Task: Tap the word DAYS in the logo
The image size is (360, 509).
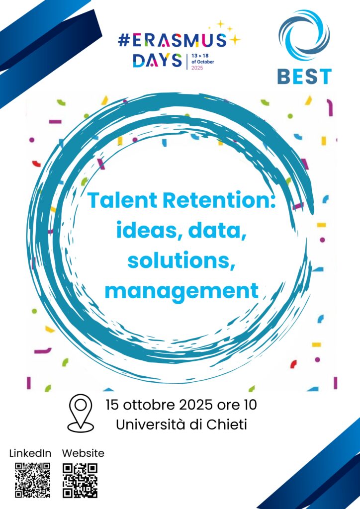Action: (x=158, y=61)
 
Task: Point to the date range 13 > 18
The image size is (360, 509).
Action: (x=200, y=56)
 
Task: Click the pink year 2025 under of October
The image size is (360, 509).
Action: (x=197, y=68)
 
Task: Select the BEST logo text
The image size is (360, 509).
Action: (x=304, y=77)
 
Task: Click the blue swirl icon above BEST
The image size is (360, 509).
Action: (x=304, y=35)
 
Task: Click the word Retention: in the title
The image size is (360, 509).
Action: (x=219, y=200)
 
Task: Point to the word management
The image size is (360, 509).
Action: (x=181, y=291)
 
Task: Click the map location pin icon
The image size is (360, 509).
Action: (x=81, y=413)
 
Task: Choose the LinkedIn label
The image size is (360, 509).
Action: (x=30, y=453)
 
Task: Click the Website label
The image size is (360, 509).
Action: (x=83, y=453)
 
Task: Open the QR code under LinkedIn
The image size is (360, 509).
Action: (x=32, y=480)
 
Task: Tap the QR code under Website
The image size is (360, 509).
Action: (x=80, y=481)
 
